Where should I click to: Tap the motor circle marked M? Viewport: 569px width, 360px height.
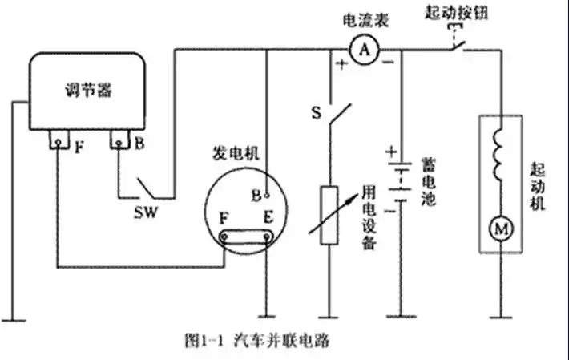(x=501, y=230)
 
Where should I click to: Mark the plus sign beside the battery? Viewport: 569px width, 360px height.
(x=391, y=151)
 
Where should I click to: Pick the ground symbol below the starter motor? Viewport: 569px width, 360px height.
(x=501, y=315)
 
